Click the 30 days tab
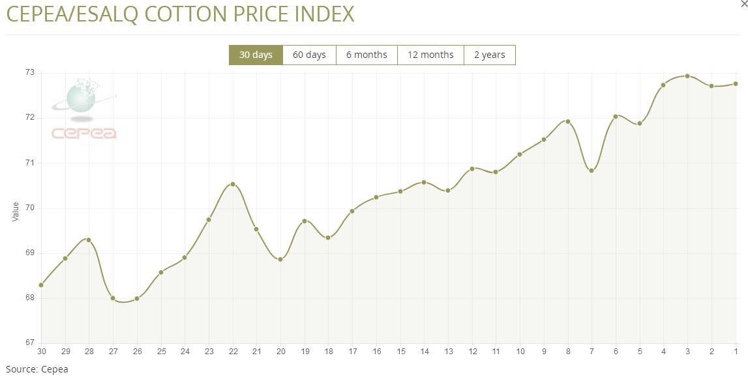click(x=256, y=55)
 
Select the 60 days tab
click(x=309, y=55)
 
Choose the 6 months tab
click(x=367, y=55)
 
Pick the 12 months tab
click(x=430, y=55)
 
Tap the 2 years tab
click(x=489, y=55)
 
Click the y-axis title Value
click(x=16, y=211)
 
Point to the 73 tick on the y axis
click(x=29, y=73)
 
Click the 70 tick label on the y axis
click(x=29, y=208)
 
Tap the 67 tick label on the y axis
click(x=29, y=343)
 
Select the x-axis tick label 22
click(x=233, y=352)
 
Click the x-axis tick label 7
click(x=591, y=352)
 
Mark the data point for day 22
click(x=233, y=184)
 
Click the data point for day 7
click(x=591, y=171)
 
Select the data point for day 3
click(x=687, y=76)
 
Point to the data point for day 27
click(x=113, y=298)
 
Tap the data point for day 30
click(x=41, y=285)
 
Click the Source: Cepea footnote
click(x=37, y=369)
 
